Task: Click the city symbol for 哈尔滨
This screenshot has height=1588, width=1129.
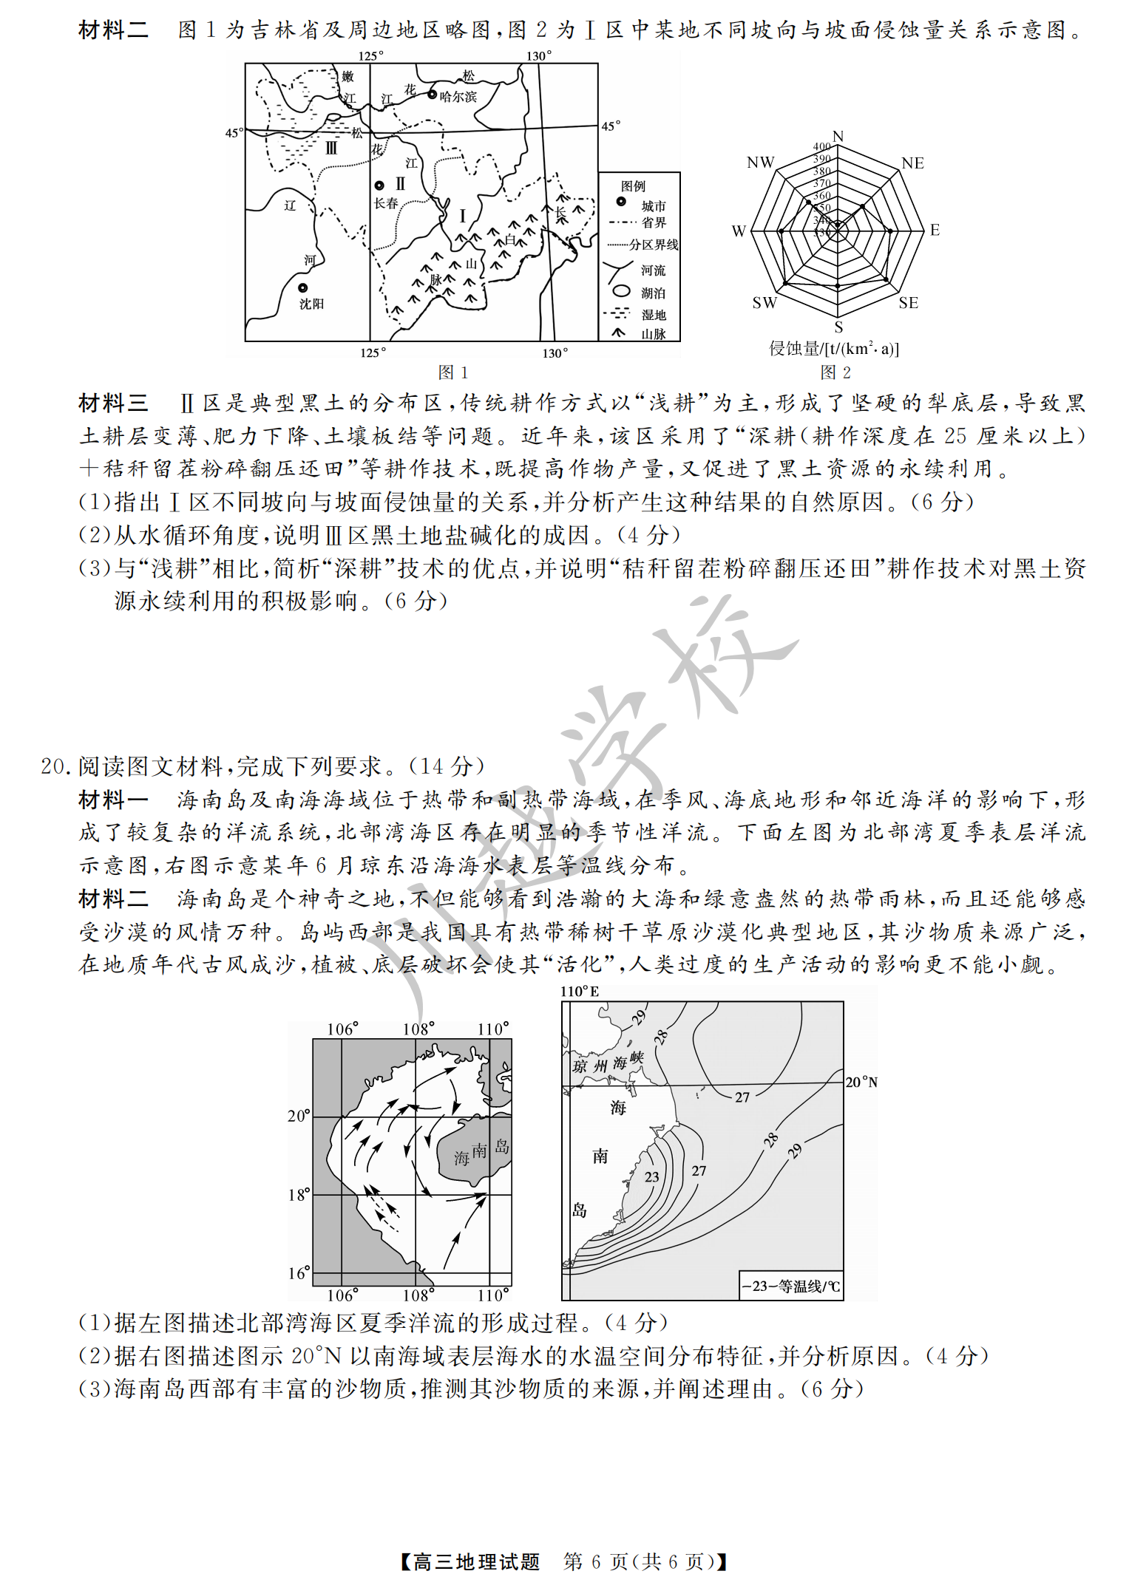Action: click(433, 95)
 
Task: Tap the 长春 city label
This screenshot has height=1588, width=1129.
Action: click(386, 203)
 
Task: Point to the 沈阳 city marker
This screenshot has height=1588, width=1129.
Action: click(302, 287)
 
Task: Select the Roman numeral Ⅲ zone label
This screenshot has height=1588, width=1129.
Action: click(331, 148)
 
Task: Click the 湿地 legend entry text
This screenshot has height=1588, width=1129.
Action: click(654, 315)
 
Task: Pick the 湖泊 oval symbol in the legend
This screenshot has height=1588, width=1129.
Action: click(622, 292)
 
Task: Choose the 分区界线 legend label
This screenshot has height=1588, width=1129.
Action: click(654, 245)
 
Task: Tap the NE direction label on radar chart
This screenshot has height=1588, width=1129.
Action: click(912, 163)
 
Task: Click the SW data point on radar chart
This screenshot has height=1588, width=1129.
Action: click(786, 283)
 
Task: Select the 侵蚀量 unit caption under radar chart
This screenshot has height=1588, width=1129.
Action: click(834, 349)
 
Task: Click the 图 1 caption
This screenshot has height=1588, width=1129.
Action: click(452, 372)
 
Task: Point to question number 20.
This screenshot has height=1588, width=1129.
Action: click(55, 766)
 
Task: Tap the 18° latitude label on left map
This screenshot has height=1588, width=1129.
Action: click(299, 1194)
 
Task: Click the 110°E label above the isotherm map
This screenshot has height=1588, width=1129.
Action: click(580, 991)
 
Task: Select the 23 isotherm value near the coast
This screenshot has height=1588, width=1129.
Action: click(651, 1176)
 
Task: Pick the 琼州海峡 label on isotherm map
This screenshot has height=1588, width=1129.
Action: click(608, 1063)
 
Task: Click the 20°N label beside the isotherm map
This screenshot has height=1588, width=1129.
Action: click(861, 1082)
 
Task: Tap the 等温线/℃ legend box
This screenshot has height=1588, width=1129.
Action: click(790, 1286)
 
